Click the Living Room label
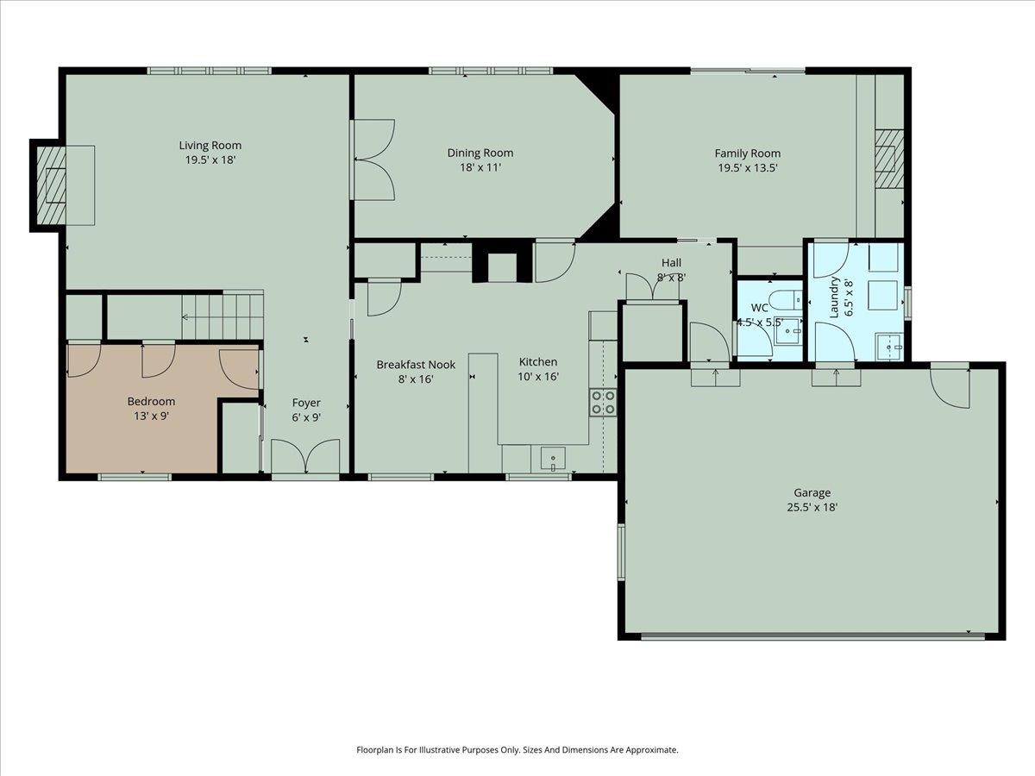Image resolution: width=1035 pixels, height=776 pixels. [x=210, y=145]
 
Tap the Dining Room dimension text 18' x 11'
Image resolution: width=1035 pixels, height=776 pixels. [x=480, y=167]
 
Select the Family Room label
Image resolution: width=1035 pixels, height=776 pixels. [x=747, y=153]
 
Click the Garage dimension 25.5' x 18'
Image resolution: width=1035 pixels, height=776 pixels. [x=811, y=508]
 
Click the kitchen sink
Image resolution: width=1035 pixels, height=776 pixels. [x=552, y=459]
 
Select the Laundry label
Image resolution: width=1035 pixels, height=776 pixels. [x=834, y=297]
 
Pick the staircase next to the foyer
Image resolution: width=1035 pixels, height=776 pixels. [x=221, y=316]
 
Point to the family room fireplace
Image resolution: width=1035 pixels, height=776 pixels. [x=888, y=158]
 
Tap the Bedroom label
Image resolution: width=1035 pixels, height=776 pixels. [x=151, y=401]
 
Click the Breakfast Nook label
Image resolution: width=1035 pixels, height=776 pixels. [x=416, y=365]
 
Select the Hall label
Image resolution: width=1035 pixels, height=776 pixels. [x=671, y=262]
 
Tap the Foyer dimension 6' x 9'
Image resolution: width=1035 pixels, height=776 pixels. [x=306, y=417]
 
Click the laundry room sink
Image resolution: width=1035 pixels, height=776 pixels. [x=888, y=347]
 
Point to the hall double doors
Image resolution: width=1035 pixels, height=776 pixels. [x=652, y=288]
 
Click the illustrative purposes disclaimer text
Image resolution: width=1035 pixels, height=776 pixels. [x=517, y=750]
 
